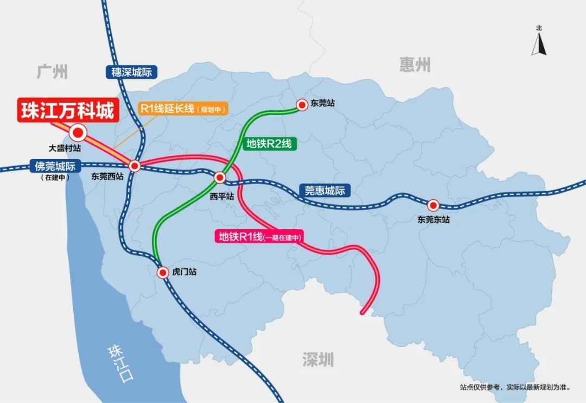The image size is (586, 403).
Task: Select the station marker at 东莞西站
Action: coord(135,166)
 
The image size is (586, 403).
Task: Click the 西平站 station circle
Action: coord(220,178)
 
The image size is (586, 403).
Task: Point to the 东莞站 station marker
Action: coord(302,104)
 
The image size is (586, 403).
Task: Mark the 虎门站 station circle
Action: coord(162,273)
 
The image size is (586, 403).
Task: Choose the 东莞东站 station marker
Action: coord(433,205)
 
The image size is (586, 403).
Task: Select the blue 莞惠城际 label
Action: coord(324,191)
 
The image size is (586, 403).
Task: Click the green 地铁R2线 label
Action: coord(269,144)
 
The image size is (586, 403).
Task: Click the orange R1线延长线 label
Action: coord(183,108)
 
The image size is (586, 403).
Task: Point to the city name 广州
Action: coord(53,71)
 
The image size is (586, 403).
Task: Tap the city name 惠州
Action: coord(415,65)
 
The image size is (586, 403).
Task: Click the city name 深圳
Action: coord(318,359)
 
